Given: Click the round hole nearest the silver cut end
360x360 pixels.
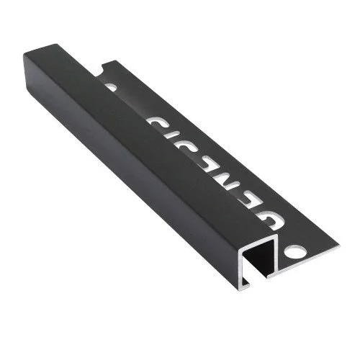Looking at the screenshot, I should tap(294, 253).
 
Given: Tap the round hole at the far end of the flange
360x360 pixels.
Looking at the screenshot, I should tap(110, 87).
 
